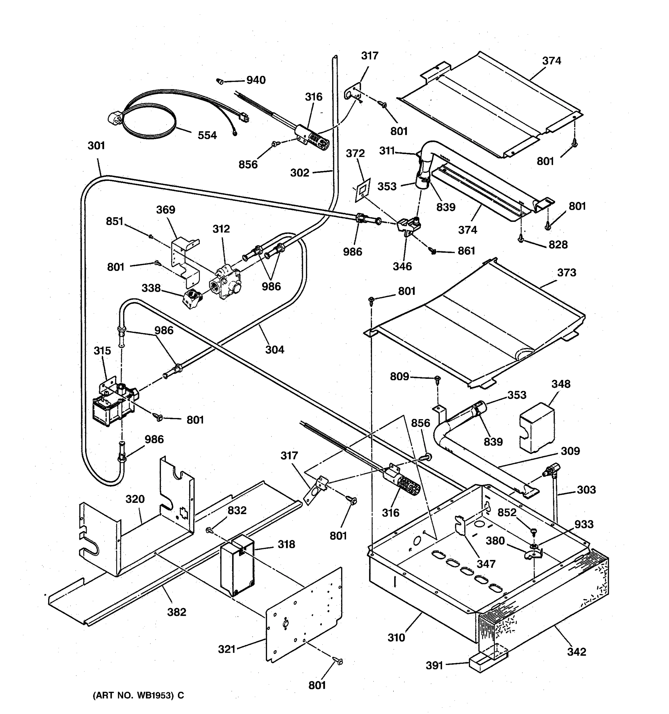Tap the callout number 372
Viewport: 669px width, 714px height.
(355, 153)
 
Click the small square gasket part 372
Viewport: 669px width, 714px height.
(362, 189)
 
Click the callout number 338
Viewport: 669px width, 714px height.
(151, 288)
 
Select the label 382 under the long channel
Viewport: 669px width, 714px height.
(177, 612)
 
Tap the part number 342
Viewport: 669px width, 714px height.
(577, 652)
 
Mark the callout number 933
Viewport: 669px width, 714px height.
(584, 524)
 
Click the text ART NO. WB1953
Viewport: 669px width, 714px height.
(138, 695)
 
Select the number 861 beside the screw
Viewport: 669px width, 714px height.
(466, 251)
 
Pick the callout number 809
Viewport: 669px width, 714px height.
(399, 376)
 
